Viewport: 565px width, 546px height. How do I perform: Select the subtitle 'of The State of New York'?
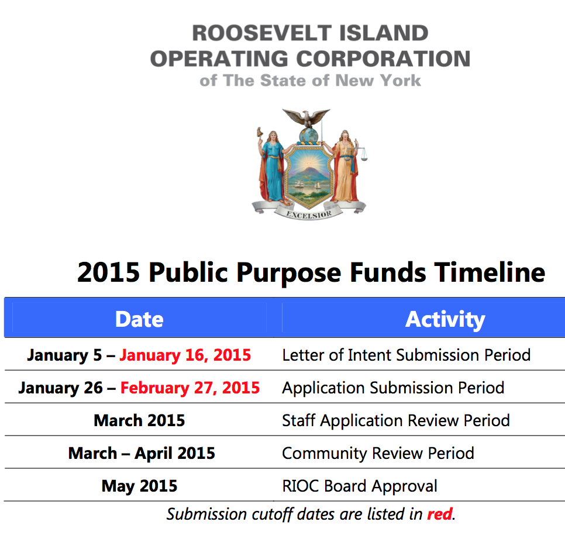click(x=310, y=81)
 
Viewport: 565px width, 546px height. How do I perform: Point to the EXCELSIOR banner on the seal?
click(x=308, y=214)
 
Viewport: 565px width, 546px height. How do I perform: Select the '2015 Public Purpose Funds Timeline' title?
click(x=311, y=272)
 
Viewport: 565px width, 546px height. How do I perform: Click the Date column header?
click(x=139, y=319)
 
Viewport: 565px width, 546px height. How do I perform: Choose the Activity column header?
click(x=445, y=319)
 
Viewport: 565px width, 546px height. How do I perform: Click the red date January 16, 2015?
click(x=185, y=355)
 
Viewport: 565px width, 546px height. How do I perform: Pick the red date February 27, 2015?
click(x=190, y=388)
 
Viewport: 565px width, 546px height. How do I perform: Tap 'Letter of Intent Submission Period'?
click(x=406, y=355)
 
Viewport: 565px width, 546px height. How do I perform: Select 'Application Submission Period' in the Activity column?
click(x=393, y=388)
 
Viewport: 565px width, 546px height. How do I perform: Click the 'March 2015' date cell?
click(x=139, y=420)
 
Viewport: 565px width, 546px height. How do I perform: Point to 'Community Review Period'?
click(x=378, y=453)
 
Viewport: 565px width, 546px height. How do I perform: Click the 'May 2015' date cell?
click(x=139, y=486)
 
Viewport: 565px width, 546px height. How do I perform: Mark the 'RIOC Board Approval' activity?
click(x=360, y=486)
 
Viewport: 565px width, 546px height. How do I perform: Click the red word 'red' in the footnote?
click(x=440, y=514)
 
